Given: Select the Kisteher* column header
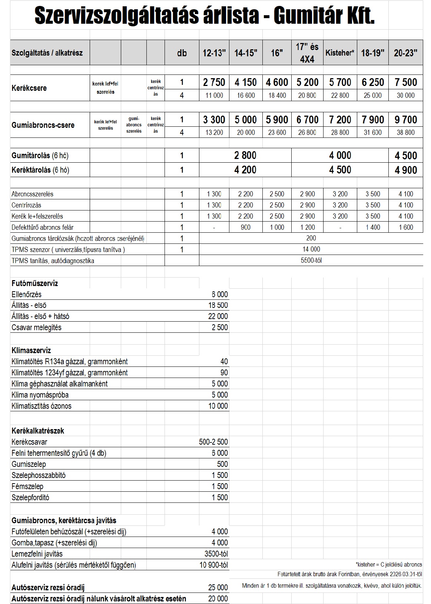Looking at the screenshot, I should (x=340, y=53).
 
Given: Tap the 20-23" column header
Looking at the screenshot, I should (x=405, y=53).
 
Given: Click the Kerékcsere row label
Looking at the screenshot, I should (x=29, y=88).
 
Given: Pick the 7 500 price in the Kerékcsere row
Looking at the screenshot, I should (x=406, y=82).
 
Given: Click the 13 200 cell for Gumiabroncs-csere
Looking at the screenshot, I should (x=214, y=132).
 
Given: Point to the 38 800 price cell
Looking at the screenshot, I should (x=406, y=132).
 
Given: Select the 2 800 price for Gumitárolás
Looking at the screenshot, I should (x=245, y=155).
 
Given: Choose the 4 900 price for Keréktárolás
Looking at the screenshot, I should (x=406, y=170).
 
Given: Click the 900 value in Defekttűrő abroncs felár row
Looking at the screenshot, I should (x=245, y=227).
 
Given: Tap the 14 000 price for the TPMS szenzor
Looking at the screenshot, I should (x=311, y=249).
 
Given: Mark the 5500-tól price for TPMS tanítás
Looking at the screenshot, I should (x=311, y=260).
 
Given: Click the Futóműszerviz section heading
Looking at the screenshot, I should (x=35, y=283).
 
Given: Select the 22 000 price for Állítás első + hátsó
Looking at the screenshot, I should (x=218, y=316).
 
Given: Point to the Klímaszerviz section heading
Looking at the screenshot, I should (x=32, y=350).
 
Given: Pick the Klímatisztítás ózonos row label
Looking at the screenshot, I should (x=42, y=406).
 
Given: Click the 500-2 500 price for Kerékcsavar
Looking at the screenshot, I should (x=213, y=442).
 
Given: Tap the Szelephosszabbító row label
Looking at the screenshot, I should (x=39, y=475).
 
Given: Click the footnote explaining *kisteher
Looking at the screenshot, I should (x=389, y=565).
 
